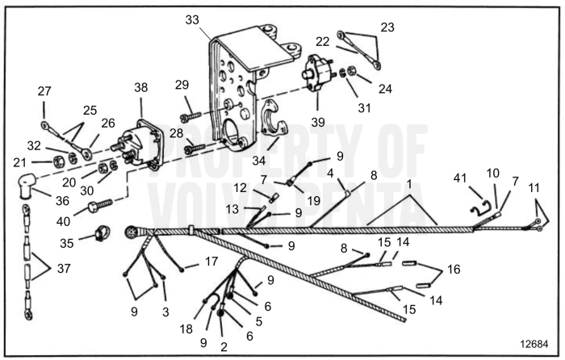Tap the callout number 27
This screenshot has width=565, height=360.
pyautogui.click(x=44, y=91)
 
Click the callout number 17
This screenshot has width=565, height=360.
pyautogui.click(x=211, y=262)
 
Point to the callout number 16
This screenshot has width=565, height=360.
pyautogui.click(x=454, y=268)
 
